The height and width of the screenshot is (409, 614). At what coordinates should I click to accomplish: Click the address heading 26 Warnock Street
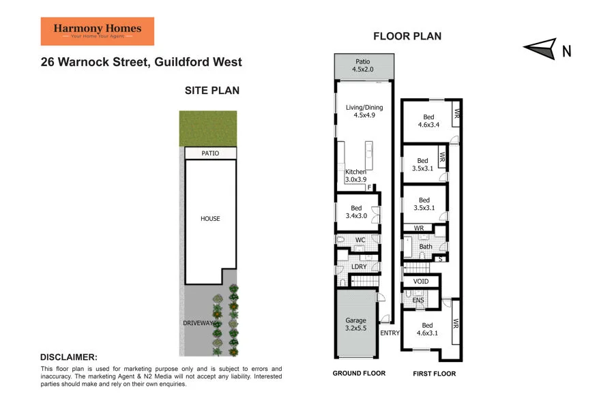pyautogui.click(x=141, y=63)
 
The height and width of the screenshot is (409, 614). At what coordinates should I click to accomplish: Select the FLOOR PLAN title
pyautogui.click(x=407, y=36)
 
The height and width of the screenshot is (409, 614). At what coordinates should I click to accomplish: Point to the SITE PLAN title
pyautogui.click(x=212, y=90)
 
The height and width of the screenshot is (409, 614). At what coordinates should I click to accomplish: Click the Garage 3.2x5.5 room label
pyautogui.click(x=355, y=324)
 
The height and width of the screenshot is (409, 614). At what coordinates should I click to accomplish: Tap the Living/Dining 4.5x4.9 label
pyautogui.click(x=364, y=111)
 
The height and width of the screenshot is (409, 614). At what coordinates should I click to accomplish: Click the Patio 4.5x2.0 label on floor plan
pyautogui.click(x=364, y=65)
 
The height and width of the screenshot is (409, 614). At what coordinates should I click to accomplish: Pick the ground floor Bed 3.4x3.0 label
pyautogui.click(x=355, y=212)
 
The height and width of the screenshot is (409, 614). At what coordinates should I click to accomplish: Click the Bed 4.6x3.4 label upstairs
pyautogui.click(x=428, y=121)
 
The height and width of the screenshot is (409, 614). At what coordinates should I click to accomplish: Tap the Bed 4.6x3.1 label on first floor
pyautogui.click(x=427, y=329)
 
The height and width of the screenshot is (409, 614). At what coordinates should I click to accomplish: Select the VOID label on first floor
pyautogui.click(x=421, y=282)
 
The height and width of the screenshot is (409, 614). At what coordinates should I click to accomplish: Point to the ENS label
pyautogui.click(x=418, y=300)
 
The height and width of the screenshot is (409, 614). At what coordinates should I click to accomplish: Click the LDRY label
pyautogui.click(x=359, y=267)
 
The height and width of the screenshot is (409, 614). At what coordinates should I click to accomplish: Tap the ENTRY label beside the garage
pyautogui.click(x=390, y=333)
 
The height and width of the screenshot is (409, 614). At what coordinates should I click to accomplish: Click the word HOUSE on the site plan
pyautogui.click(x=210, y=219)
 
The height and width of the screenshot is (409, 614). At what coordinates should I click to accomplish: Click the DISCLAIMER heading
pyautogui.click(x=69, y=357)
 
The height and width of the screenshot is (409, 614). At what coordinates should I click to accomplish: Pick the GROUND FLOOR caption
pyautogui.click(x=359, y=374)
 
